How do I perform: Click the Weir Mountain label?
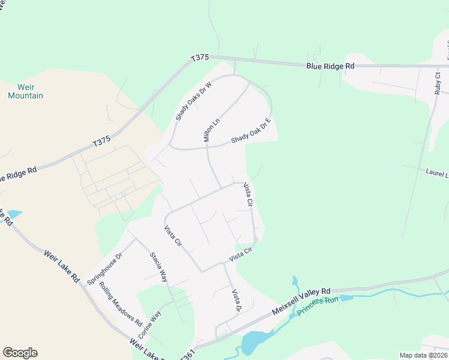26,91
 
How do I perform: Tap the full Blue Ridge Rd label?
330,66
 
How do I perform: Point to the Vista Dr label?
237,301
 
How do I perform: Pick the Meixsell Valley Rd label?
301,302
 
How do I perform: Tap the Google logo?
20,353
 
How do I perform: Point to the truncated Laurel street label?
437,173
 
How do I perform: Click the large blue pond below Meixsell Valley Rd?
255,342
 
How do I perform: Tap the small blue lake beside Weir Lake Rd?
14,214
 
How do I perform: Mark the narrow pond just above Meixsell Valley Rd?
295,281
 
